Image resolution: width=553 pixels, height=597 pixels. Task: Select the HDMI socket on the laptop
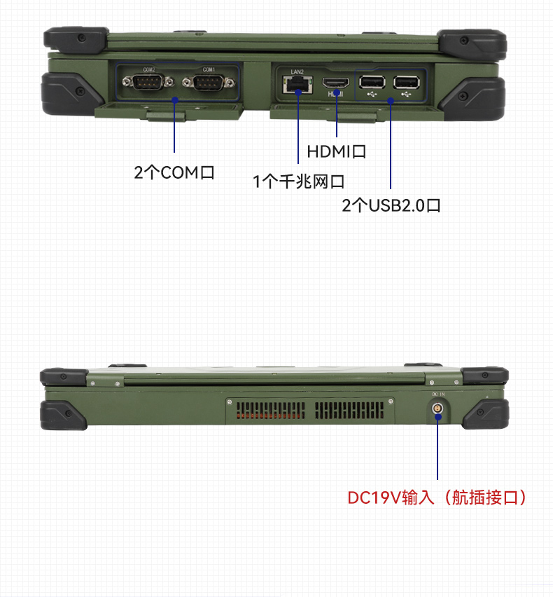click(x=337, y=84)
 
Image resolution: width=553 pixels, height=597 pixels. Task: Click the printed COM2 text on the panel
click(x=149, y=70)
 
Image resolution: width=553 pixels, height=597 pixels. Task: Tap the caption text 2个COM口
click(x=174, y=172)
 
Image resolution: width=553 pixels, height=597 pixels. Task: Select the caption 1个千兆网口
click(x=298, y=182)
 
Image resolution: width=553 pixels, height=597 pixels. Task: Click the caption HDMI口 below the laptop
click(x=337, y=151)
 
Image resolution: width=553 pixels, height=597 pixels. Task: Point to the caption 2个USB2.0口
click(x=391, y=206)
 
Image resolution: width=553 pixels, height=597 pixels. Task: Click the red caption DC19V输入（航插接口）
click(x=437, y=498)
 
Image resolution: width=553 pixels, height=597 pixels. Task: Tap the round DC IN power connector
click(x=437, y=408)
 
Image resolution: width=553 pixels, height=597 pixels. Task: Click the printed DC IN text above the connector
click(x=437, y=396)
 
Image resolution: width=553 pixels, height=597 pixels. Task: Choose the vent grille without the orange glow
click(x=348, y=411)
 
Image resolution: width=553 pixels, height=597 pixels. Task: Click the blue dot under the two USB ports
click(x=391, y=101)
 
